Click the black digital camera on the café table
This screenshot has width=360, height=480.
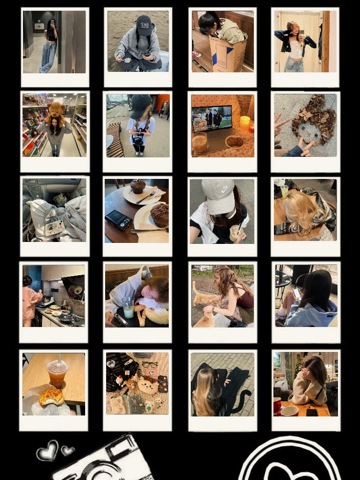pyautogui.click(x=118, y=219)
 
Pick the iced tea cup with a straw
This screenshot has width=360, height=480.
pyautogui.click(x=57, y=373)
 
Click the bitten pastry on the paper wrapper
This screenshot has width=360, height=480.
pyautogui.click(x=51, y=396)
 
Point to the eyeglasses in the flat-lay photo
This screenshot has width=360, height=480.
pyautogui.click(x=150, y=365)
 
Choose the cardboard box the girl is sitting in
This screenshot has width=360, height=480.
pyautogui.click(x=228, y=54)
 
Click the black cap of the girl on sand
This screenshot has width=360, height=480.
pyautogui.click(x=143, y=24)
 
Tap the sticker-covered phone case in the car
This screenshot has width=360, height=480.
pyautogui.click(x=54, y=227)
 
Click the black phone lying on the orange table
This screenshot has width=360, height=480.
pyautogui.click(x=312, y=412)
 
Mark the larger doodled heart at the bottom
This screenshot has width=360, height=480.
pyautogui.click(x=47, y=450)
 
